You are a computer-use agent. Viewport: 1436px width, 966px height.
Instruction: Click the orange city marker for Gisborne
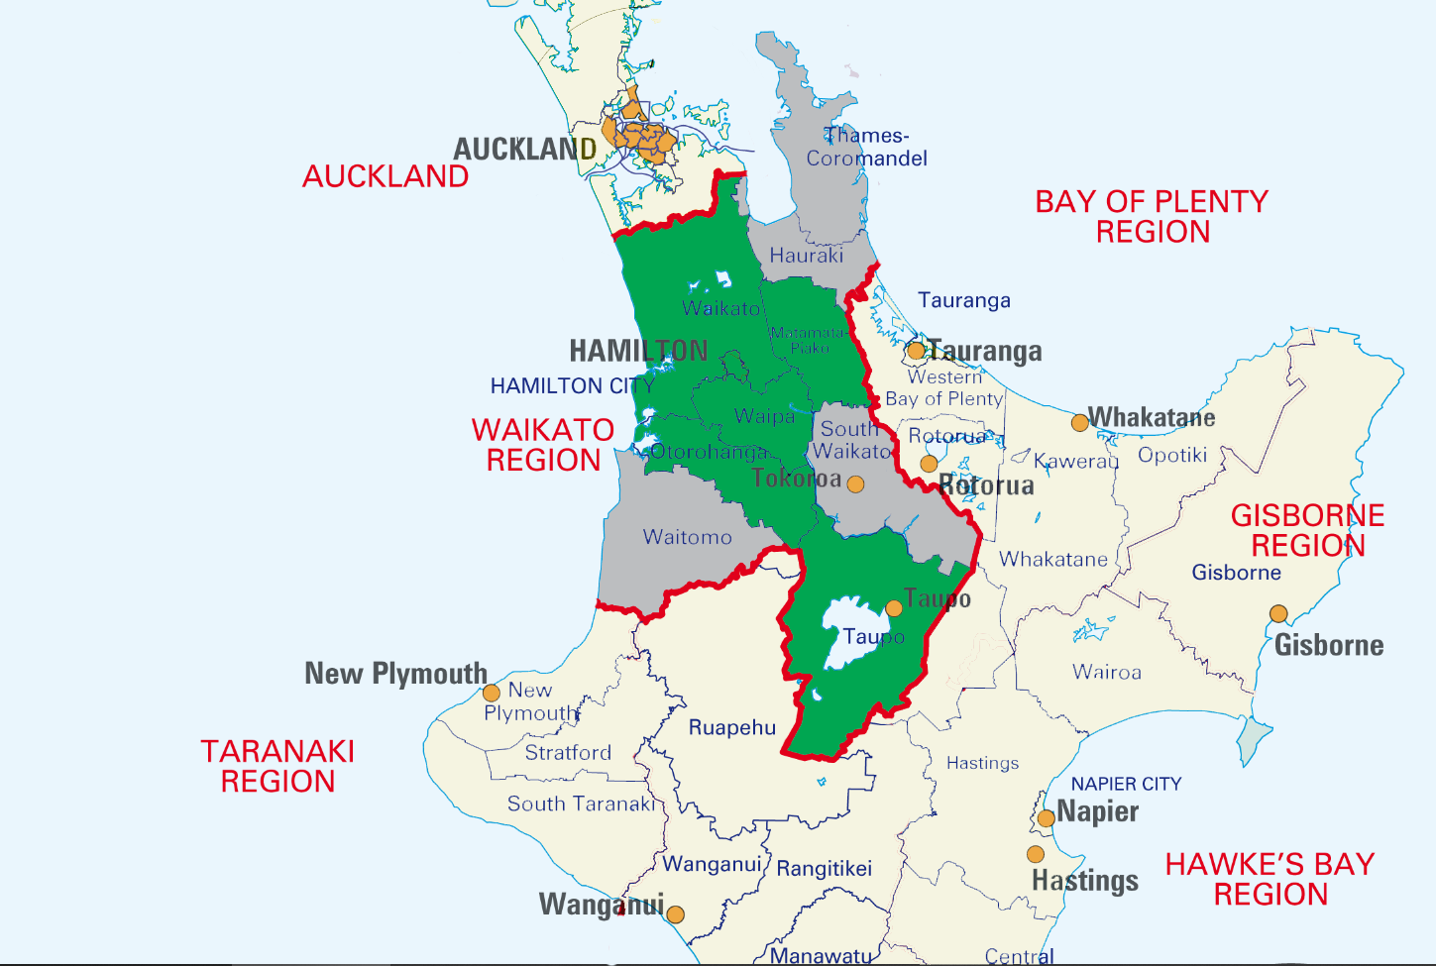(1278, 614)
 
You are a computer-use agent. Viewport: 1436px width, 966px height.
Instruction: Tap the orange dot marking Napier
(1046, 818)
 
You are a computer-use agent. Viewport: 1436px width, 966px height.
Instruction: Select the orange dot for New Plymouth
(491, 693)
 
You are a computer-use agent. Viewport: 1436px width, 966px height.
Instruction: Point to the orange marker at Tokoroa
(855, 484)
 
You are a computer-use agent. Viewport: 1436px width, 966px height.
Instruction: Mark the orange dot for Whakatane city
(1079, 423)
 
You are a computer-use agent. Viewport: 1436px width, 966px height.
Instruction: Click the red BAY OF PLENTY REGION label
(1152, 217)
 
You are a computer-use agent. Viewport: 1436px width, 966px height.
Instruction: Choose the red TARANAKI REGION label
(277, 767)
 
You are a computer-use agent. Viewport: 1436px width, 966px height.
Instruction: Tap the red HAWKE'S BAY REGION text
(1270, 880)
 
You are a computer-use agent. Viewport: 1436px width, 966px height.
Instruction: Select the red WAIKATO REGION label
(543, 445)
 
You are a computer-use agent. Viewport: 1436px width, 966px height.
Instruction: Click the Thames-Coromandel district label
(866, 148)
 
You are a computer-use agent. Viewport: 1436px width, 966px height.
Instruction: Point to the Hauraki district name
(807, 256)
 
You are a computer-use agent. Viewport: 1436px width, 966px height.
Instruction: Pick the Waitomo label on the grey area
(687, 538)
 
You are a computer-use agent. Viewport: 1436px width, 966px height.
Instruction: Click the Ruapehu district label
(732, 728)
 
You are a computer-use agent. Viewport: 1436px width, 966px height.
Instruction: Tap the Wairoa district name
(1107, 673)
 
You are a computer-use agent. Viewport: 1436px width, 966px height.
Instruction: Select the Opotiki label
(1172, 456)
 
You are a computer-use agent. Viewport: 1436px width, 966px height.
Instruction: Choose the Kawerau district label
(1076, 462)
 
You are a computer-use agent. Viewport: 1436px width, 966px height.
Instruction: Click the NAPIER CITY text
(1126, 784)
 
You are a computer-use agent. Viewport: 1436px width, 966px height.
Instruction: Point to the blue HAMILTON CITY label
(572, 386)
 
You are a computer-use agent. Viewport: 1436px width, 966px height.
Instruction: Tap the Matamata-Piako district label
(809, 341)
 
